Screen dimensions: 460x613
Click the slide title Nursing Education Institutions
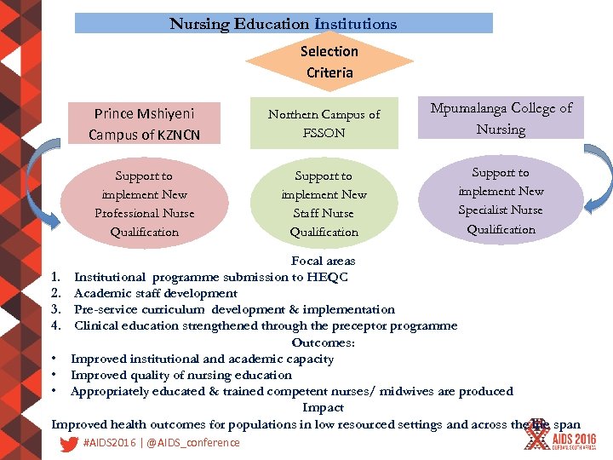point(284,24)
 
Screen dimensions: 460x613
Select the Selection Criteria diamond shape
point(329,61)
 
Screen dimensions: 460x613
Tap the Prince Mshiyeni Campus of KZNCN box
point(144,124)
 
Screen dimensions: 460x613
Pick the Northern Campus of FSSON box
point(324,124)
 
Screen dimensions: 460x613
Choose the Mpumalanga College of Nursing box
point(501,118)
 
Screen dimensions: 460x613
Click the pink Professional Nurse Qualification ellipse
point(144,204)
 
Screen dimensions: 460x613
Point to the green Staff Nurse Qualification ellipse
point(324,204)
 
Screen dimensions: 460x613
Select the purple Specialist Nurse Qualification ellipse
point(501,200)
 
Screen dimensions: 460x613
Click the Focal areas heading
point(323,261)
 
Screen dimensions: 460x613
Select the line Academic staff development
point(156,293)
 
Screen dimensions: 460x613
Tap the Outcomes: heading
point(323,342)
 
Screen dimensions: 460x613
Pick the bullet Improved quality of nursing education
point(180,375)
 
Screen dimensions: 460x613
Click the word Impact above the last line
point(323,408)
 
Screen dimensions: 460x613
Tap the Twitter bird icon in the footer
point(70,443)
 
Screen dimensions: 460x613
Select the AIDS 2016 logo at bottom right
point(562,436)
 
